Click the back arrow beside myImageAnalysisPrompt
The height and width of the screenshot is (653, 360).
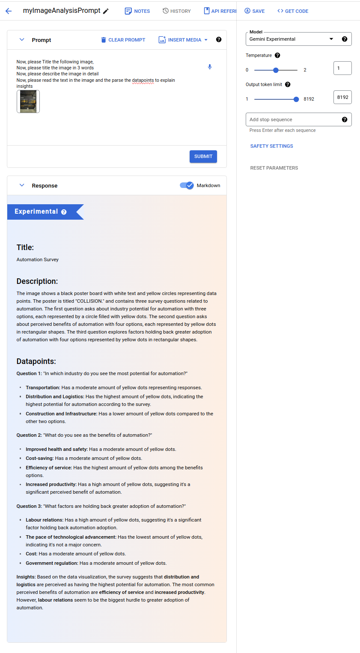[9, 11]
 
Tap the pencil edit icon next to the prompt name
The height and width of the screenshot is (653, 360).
[106, 11]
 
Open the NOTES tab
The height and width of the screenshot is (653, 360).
[137, 11]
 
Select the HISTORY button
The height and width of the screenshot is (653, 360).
[177, 11]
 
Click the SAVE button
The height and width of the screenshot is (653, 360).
[255, 11]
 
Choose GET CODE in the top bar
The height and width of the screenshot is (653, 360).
[293, 11]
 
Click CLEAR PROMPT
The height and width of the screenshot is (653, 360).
[123, 40]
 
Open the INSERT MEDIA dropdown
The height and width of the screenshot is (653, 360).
[183, 40]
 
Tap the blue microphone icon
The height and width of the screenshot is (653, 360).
[210, 67]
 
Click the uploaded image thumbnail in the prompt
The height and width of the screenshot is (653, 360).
[28, 101]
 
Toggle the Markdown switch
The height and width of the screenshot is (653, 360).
[187, 185]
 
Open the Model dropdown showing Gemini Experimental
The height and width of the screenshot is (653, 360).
[298, 39]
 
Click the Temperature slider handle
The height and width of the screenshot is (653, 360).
[276, 70]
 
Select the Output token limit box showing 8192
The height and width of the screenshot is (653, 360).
[342, 97]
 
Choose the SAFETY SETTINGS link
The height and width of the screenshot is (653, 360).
[272, 146]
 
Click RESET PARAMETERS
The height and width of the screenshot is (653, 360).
[274, 168]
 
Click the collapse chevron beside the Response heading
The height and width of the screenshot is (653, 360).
[22, 185]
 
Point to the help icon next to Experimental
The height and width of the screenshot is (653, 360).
[64, 212]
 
